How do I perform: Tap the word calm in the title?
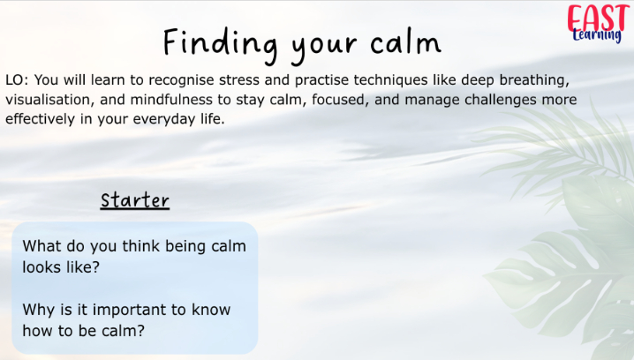pyautogui.click(x=405, y=42)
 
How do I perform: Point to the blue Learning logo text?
pyautogui.click(x=597, y=35)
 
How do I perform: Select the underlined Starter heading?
pyautogui.click(x=134, y=200)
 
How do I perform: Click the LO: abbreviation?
pyautogui.click(x=17, y=80)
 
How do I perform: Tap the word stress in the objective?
pyautogui.click(x=239, y=80)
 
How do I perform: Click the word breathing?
pyautogui.click(x=534, y=81)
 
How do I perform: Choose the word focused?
pyautogui.click(x=340, y=100)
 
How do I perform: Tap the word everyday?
pyautogui.click(x=163, y=120)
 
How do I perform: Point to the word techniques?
pyautogui.click(x=390, y=80)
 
